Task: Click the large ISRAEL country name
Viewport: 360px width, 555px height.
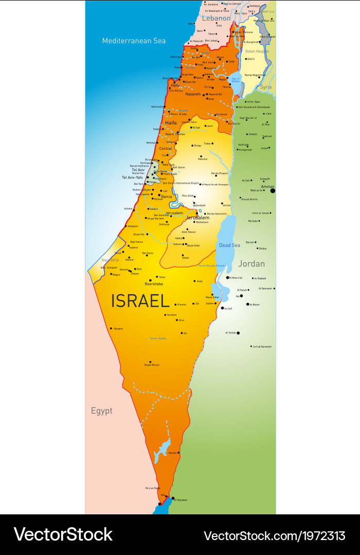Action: coord(140,300)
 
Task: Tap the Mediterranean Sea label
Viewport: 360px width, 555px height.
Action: coord(134,41)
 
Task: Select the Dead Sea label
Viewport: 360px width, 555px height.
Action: coord(229,245)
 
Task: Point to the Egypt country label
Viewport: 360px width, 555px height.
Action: coord(101,410)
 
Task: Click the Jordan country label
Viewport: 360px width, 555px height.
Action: coord(251,264)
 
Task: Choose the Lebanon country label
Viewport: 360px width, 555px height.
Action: coord(216,18)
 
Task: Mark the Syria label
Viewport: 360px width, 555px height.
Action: coord(265,87)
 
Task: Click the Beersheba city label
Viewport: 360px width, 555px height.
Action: coord(153,284)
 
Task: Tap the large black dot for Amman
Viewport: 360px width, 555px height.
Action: coord(273,191)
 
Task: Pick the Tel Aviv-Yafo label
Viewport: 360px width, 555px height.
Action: coord(132,177)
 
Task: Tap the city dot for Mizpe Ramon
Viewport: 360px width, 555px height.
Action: coord(151,362)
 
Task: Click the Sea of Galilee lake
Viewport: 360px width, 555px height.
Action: coord(236,80)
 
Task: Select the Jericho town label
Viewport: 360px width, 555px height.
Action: coord(226,205)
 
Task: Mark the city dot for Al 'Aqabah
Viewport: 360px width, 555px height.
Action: coord(173,497)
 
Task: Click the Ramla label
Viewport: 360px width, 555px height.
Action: coord(167,196)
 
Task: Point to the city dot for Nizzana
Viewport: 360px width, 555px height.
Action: coord(111,328)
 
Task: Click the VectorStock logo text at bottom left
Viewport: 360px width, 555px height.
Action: coord(63,534)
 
